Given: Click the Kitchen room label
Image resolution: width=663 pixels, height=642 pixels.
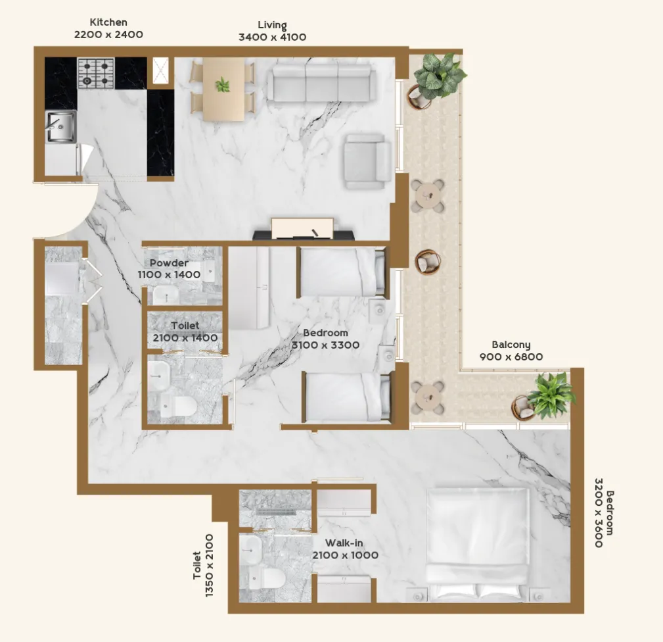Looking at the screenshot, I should pyautogui.click(x=108, y=22).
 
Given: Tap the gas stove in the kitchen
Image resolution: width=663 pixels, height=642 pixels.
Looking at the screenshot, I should pyautogui.click(x=96, y=73).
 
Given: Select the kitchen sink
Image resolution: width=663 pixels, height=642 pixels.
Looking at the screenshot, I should pyautogui.click(x=60, y=126).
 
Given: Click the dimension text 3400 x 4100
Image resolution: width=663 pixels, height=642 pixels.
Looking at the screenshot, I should pyautogui.click(x=272, y=37).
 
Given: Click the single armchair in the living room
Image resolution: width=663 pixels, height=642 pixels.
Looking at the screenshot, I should pyautogui.click(x=367, y=161).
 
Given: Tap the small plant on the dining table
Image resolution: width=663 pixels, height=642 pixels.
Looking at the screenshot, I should pyautogui.click(x=223, y=85).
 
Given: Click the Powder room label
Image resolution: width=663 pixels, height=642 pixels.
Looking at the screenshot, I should pyautogui.click(x=169, y=263).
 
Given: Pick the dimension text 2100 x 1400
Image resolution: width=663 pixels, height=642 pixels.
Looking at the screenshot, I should pyautogui.click(x=185, y=337).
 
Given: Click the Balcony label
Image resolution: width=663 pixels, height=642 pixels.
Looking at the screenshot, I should pyautogui.click(x=511, y=345).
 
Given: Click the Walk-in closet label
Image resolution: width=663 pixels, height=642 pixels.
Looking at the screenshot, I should pyautogui.click(x=345, y=543).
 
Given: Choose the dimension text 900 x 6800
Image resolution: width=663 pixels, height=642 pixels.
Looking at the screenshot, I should pyautogui.click(x=511, y=357).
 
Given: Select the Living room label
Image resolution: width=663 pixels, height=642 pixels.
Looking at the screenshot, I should pyautogui.click(x=272, y=26).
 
